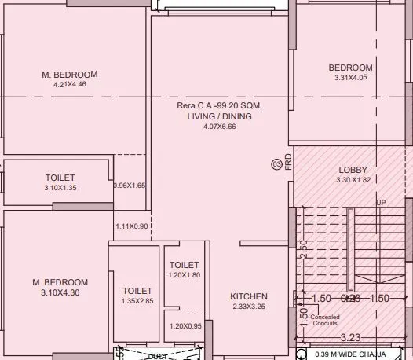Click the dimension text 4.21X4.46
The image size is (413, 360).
coord(70,84)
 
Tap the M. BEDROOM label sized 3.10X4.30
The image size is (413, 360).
coord(60,282)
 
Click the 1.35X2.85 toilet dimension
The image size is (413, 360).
coord(137,300)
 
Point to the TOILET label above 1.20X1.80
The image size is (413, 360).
coord(184,266)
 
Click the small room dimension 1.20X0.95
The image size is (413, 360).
coord(184,325)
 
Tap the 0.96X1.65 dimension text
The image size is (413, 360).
coord(130,186)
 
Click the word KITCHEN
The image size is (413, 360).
coord(249,296)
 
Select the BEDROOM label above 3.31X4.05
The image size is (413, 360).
coord(350,68)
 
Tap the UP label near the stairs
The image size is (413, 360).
coord(382,203)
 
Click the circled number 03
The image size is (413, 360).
coord(276,164)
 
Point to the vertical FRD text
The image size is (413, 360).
coord(288,161)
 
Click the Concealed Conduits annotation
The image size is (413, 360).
coord(324,320)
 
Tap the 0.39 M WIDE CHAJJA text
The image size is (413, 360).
coord(353,354)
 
